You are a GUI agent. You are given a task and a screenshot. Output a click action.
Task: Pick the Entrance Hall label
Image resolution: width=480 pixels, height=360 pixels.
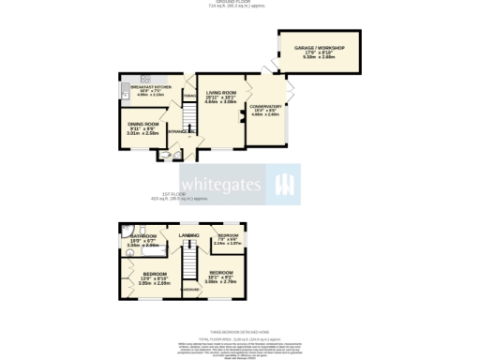click(182, 131)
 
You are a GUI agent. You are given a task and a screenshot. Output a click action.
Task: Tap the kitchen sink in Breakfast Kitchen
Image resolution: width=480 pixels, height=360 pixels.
click(124, 92)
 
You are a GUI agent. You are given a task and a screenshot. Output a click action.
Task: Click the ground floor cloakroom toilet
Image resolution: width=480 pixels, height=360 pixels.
click(166, 154)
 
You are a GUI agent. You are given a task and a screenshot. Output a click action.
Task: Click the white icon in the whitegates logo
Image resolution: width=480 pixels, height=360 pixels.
click(283, 183)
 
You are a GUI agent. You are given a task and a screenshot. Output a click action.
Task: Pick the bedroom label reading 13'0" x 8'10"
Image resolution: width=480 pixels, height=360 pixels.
click(141, 277)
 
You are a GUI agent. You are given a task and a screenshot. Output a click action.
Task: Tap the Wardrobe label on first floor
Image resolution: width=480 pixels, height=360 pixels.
click(189, 290)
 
